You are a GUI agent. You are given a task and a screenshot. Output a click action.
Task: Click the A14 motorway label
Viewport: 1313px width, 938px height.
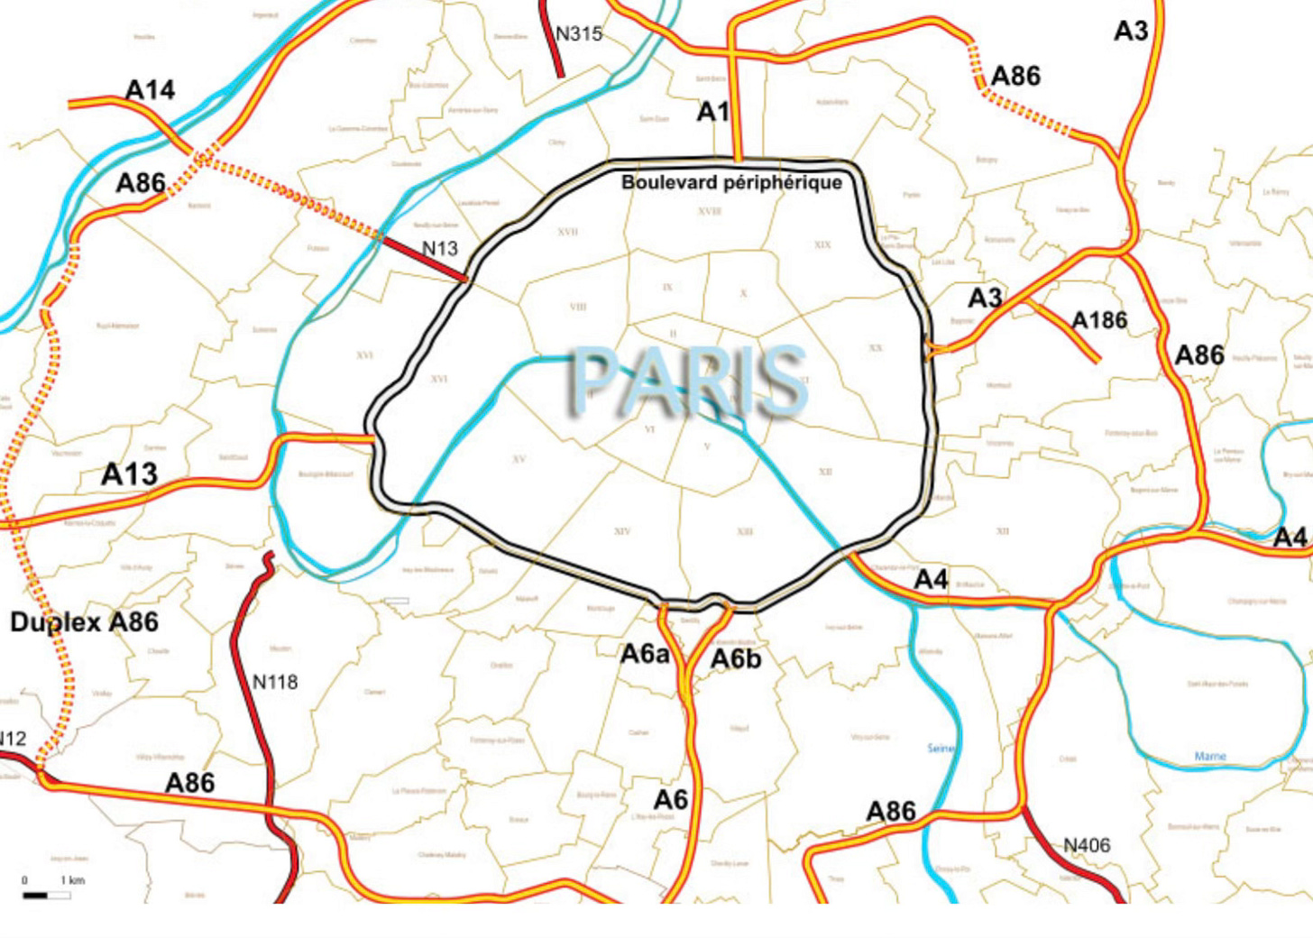pos(150,90)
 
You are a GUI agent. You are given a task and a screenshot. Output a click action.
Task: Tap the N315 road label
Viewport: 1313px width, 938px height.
pos(578,34)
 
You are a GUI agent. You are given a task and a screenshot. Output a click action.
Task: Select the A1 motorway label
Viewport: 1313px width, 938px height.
pos(712,112)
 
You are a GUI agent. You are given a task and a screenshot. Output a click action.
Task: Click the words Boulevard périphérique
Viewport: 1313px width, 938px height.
pos(731,182)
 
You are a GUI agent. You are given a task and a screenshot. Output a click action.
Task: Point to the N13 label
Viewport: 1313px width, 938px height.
pos(440,248)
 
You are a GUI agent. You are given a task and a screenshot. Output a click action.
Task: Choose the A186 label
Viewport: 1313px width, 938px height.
pos(1099,320)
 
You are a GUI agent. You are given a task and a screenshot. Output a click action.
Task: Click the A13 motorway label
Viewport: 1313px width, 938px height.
pos(129,474)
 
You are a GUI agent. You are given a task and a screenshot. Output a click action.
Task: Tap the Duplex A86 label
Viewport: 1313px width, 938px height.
pos(84,622)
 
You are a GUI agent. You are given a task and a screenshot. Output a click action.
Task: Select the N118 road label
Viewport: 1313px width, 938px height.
pos(275,683)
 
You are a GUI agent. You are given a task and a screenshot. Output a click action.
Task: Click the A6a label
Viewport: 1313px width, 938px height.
pos(645,654)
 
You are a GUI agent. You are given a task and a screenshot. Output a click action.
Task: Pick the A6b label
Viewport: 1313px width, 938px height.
pos(736,660)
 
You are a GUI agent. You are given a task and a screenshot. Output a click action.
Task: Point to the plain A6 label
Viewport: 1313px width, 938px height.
pos(670,800)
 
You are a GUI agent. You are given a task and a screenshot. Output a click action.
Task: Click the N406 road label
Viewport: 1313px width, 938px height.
pos(1087,846)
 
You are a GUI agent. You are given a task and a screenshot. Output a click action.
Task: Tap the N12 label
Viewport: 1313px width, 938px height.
pos(13,739)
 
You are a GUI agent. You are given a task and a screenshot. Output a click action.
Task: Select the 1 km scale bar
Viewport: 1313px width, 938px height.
pos(47,895)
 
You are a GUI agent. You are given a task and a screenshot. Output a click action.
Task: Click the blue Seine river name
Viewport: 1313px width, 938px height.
pos(940,749)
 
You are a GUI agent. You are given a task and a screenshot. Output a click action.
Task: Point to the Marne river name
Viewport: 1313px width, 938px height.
pos(1209,756)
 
